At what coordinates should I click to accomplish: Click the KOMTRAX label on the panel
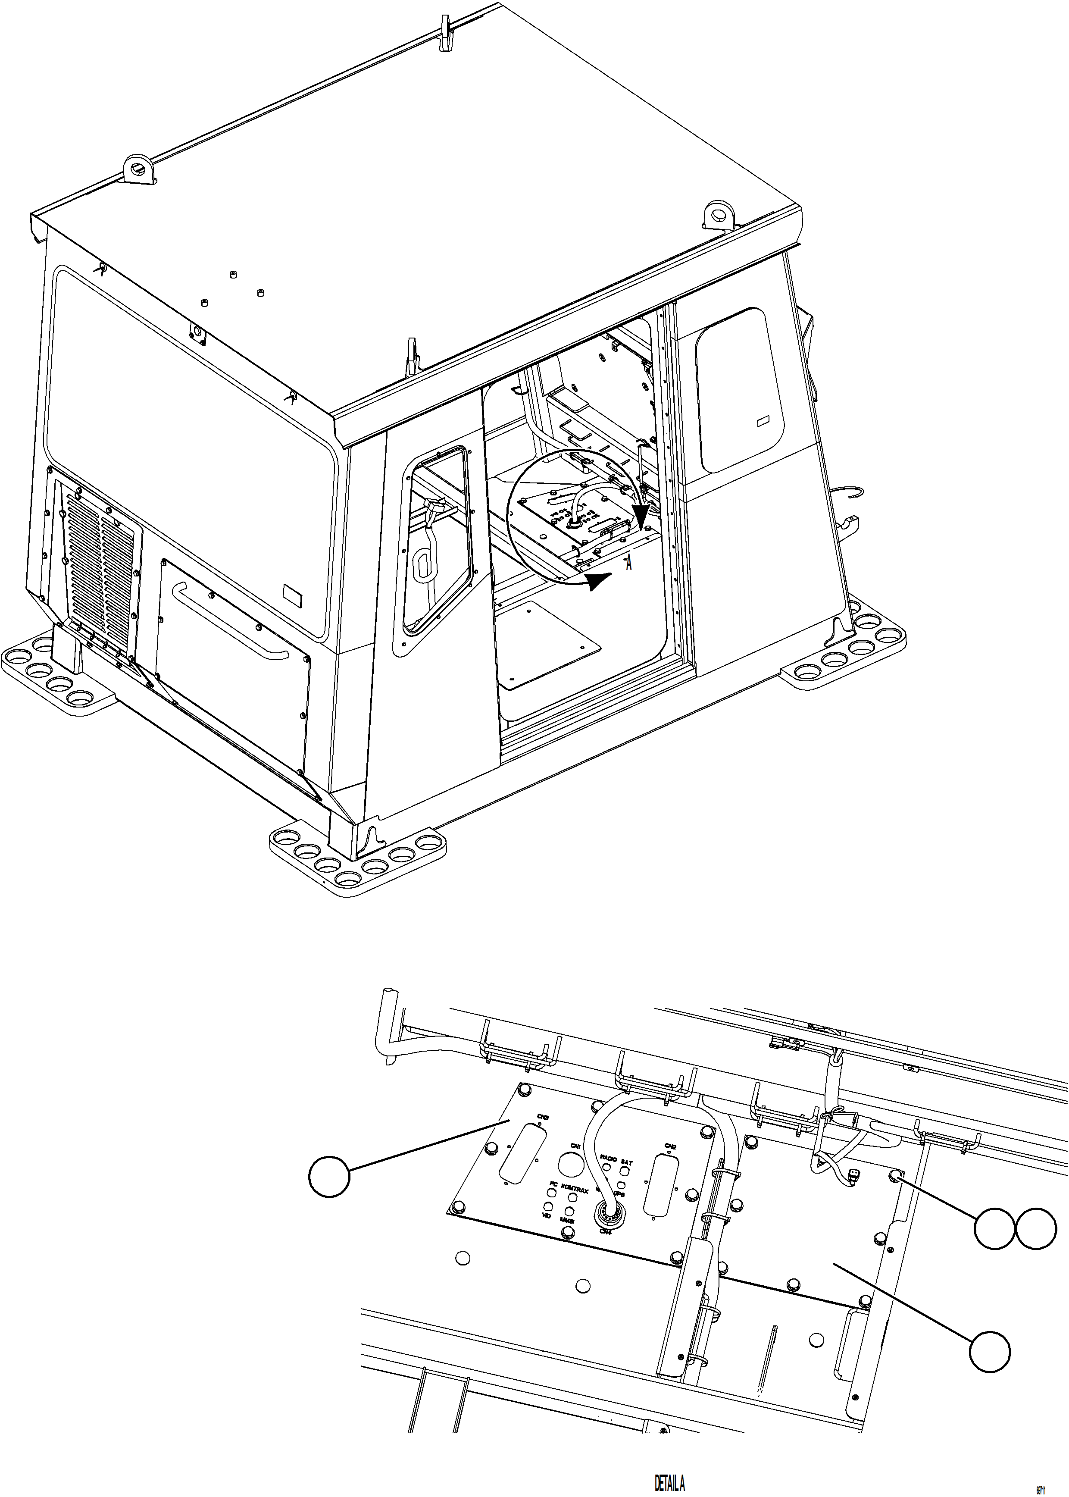pos(575,1190)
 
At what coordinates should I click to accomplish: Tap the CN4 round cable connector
pos(605,1212)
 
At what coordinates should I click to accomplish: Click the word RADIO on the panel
pos(608,1157)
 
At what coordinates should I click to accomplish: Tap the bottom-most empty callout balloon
pos(989,1352)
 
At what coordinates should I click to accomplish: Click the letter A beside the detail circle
pos(629,564)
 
